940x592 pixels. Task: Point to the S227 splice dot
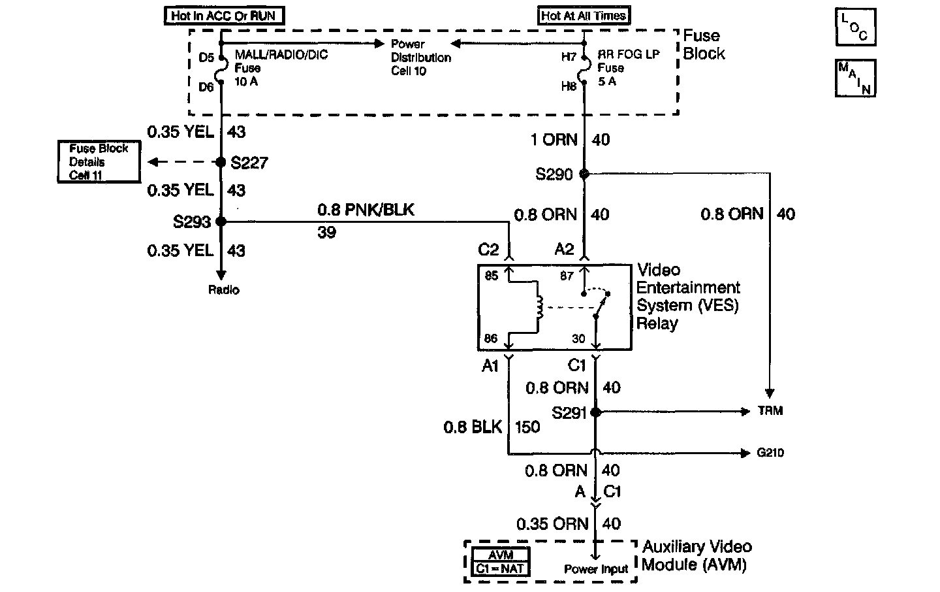click(221, 162)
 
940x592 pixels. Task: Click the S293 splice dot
click(221, 222)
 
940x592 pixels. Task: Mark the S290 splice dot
click(584, 174)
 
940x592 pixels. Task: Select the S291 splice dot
click(595, 412)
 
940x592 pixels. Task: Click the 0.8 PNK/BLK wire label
click(366, 210)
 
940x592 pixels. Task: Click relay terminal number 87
click(567, 276)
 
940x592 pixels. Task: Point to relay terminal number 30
click(578, 338)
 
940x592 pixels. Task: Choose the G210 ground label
click(770, 453)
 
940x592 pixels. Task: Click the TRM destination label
click(770, 410)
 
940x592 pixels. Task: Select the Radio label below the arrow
click(224, 289)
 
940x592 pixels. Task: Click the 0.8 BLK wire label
click(473, 427)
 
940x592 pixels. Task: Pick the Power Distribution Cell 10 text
click(421, 57)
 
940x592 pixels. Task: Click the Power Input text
click(596, 569)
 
